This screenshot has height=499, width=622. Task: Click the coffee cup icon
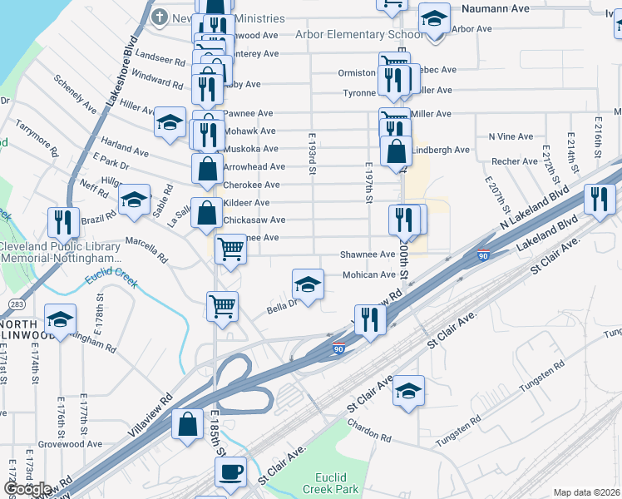(x=230, y=472)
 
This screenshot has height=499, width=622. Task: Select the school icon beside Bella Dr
(x=307, y=286)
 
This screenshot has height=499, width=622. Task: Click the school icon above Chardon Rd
(x=408, y=390)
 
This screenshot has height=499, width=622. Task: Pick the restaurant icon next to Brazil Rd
(x=63, y=222)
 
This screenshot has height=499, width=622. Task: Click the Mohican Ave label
(x=370, y=274)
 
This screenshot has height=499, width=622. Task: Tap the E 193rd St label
(x=313, y=154)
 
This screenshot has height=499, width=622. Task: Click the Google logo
(x=27, y=489)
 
